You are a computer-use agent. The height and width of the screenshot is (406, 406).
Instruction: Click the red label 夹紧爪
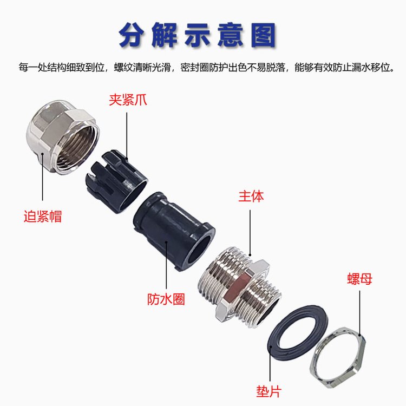tap(128, 100)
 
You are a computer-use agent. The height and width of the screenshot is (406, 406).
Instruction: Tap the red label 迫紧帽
tap(43, 216)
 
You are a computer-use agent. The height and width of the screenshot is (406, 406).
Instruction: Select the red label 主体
tap(251, 197)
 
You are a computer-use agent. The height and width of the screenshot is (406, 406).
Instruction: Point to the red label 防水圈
tap(166, 299)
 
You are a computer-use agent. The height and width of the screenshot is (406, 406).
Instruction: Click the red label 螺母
tap(359, 279)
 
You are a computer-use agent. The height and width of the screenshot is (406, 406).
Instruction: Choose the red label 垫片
tap(269, 391)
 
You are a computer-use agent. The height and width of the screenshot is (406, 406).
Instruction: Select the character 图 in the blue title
tap(263, 36)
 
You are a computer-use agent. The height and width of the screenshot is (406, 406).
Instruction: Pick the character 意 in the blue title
tap(230, 36)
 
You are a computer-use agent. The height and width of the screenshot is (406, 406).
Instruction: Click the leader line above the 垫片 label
tap(270, 364)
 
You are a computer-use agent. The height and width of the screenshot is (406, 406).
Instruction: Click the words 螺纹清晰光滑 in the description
tap(142, 68)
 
